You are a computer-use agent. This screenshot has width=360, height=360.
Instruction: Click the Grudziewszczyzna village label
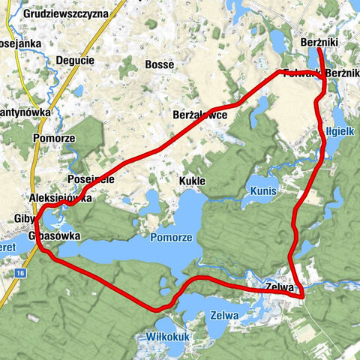point(65,13)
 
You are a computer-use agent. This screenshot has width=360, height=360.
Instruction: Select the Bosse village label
point(159,64)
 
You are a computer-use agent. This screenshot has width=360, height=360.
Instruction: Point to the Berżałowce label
point(200,115)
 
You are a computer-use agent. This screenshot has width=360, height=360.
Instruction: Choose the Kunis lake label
point(263,191)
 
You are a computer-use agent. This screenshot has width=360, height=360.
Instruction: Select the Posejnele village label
point(90,181)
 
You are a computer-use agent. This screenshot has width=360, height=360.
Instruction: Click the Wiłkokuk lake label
point(169,337)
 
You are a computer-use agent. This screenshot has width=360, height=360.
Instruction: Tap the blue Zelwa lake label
point(224,316)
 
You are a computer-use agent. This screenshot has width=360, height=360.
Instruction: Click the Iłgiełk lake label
point(338,130)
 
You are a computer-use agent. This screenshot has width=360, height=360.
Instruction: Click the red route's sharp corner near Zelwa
point(303,297)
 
